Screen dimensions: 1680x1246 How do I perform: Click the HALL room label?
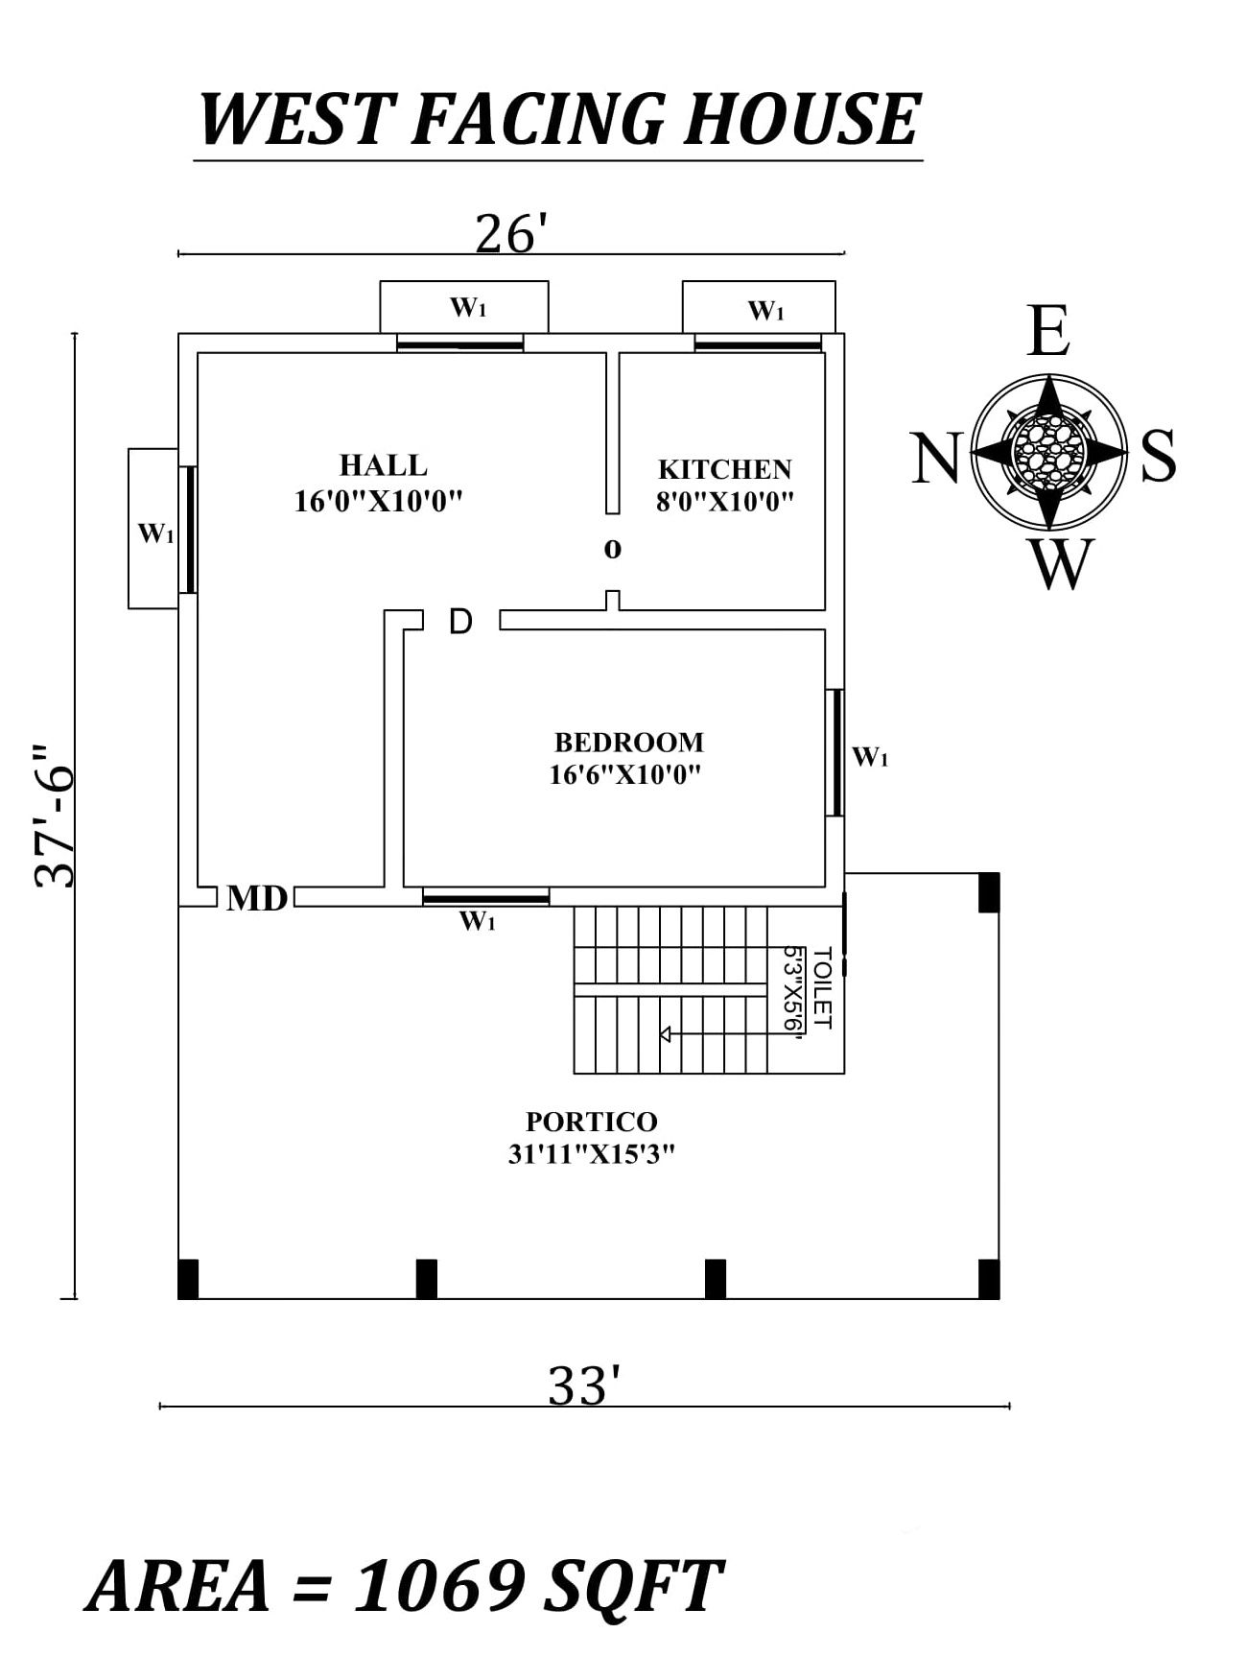pyautogui.click(x=383, y=465)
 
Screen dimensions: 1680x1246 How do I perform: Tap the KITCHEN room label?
pyautogui.click(x=724, y=469)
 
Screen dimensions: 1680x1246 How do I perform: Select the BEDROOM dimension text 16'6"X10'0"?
pyautogui.click(x=624, y=774)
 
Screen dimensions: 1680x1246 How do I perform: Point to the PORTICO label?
pyautogui.click(x=591, y=1122)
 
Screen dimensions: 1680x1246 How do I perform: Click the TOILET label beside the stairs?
pyautogui.click(x=821, y=987)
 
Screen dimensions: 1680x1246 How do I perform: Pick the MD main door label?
pyautogui.click(x=257, y=899)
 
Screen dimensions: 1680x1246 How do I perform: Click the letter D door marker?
pyautogui.click(x=460, y=622)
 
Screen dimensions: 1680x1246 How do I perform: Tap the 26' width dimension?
pyautogui.click(x=511, y=234)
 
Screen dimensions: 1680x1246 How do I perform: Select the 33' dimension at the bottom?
pyautogui.click(x=584, y=1386)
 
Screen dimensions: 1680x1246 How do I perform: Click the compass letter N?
pyautogui.click(x=934, y=459)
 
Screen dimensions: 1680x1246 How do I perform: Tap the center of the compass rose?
pyautogui.click(x=1048, y=450)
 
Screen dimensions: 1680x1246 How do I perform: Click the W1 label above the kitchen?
pyautogui.click(x=765, y=311)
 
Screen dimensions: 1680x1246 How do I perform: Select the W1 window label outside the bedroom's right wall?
pyautogui.click(x=870, y=757)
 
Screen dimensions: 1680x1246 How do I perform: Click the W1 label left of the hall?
pyautogui.click(x=155, y=533)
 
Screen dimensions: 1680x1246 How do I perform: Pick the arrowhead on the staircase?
pyautogui.click(x=664, y=1034)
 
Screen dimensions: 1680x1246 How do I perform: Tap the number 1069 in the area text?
pyautogui.click(x=439, y=1585)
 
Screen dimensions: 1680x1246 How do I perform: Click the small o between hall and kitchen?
pyautogui.click(x=612, y=550)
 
